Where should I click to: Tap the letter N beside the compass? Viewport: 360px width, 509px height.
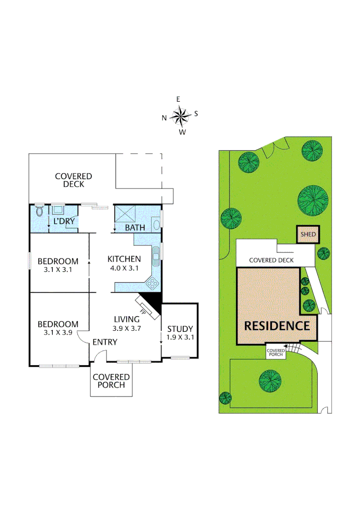coord(164,118)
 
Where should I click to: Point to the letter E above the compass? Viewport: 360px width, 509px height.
coord(178,99)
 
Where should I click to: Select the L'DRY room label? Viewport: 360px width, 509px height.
coord(64,221)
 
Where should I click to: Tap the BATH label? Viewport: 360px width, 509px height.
coord(135,228)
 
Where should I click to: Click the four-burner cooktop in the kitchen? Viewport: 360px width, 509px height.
coord(152,283)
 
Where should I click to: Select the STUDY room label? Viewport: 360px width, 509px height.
coord(180,329)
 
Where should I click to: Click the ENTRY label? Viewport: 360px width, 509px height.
coord(104,342)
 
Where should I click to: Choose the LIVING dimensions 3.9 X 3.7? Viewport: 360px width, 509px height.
coord(127,328)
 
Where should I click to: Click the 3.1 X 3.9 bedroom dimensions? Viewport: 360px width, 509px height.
coord(58,333)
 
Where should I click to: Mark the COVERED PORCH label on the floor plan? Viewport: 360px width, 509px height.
coord(111,381)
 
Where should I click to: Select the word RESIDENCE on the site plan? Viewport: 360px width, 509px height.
coord(277,326)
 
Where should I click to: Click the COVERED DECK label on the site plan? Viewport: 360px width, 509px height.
coord(271,260)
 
